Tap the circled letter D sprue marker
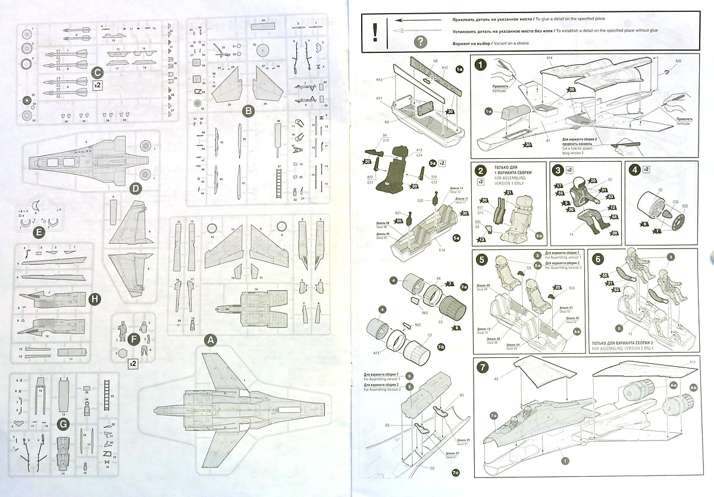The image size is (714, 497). coord(136,189)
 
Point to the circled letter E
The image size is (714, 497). coord(39,232)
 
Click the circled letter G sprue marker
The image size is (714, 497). coord(62,424)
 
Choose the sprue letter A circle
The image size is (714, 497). coord(209,341)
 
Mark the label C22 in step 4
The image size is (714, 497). coord(685,206)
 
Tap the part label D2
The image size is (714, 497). coord(431,468)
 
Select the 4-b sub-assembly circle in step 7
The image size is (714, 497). coord(693,388)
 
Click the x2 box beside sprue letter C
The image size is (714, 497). coord(96,86)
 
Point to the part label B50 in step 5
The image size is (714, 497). coord(572,288)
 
